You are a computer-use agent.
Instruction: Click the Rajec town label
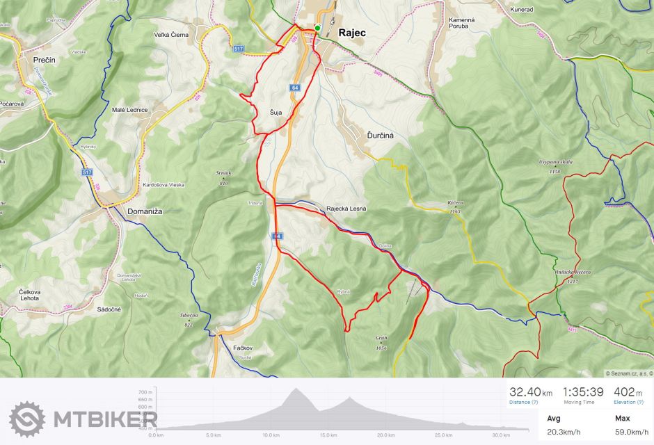(352, 32)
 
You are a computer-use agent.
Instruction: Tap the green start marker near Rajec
(317, 28)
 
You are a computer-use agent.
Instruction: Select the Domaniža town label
(145, 211)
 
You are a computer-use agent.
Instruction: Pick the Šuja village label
(276, 113)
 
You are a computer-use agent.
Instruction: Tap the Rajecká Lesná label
(346, 209)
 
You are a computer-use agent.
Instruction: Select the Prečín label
(45, 60)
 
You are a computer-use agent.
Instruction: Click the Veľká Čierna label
(171, 34)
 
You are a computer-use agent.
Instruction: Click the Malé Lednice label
(129, 110)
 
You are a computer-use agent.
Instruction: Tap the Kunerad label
(522, 10)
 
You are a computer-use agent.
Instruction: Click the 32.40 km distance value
(526, 392)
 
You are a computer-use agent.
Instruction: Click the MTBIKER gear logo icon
(26, 419)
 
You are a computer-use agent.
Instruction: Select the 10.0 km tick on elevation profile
(270, 435)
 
